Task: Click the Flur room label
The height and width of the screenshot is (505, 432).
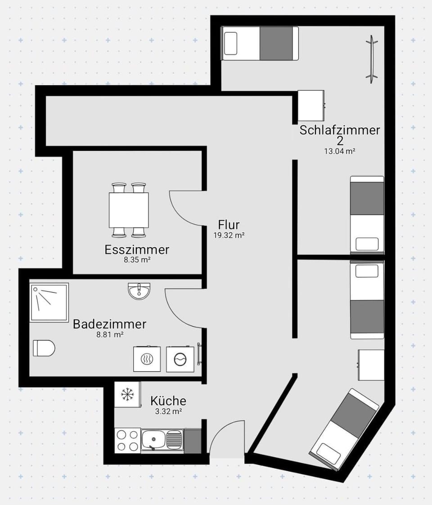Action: click(229, 224)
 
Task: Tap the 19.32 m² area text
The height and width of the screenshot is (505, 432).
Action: click(229, 235)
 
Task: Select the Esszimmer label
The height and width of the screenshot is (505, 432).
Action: click(137, 249)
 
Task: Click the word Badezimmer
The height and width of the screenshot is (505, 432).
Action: click(110, 324)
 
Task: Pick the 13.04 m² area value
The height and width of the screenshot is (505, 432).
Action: click(340, 151)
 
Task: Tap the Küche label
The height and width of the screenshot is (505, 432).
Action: click(168, 401)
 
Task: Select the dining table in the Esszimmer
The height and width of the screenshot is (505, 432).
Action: click(129, 210)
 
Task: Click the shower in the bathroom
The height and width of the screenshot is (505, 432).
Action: click(49, 302)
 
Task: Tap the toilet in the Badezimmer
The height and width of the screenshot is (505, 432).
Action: click(44, 348)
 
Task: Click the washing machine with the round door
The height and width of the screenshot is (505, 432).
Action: click(180, 359)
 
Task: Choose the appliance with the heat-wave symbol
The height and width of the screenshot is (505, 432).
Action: click(147, 359)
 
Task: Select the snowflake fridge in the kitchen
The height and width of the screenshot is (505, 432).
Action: click(127, 395)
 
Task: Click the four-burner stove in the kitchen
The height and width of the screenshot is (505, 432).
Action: click(127, 441)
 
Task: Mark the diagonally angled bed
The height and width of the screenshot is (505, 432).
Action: click(344, 429)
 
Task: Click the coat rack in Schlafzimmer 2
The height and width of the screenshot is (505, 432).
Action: click(372, 59)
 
